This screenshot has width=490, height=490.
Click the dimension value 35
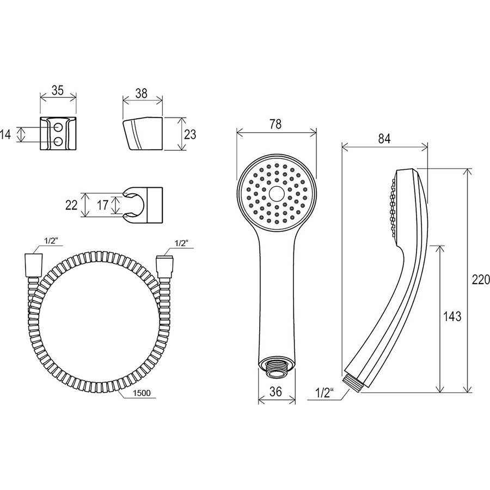(58, 90)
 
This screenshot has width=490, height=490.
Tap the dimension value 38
(142, 94)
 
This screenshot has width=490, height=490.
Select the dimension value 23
(190, 134)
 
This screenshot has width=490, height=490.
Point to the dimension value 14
(5, 134)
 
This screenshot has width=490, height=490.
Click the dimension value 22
(71, 205)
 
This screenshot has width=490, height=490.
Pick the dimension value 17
(102, 205)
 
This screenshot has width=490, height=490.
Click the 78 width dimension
(275, 124)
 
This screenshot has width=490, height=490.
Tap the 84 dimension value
(384, 139)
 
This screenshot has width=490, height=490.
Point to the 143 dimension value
(452, 316)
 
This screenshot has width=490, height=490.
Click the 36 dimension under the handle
(275, 391)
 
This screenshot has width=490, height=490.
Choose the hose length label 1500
(142, 393)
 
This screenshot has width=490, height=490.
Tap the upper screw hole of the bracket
(58, 127)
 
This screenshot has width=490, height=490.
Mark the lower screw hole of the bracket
(58, 142)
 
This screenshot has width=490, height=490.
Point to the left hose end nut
(33, 265)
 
